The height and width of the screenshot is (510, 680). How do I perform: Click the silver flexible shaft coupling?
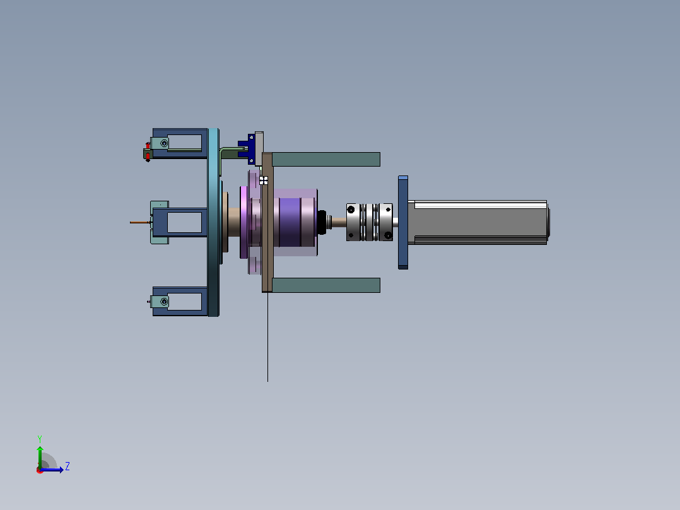tap(370, 222)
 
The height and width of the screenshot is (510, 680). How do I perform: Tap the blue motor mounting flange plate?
tap(403, 222)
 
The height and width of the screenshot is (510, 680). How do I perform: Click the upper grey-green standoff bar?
tap(325, 159)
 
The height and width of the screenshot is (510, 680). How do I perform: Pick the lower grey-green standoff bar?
tap(325, 285)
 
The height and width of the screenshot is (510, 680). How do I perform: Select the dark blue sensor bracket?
tap(247, 149)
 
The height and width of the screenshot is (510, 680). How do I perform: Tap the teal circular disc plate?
tap(213, 222)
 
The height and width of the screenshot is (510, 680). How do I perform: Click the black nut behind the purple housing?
tap(321, 222)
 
